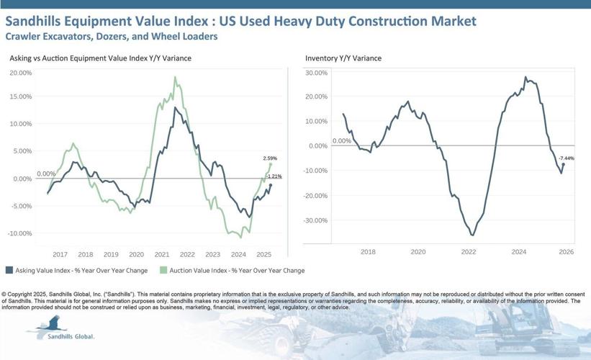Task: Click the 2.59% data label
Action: (270, 158)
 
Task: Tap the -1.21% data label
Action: (274, 176)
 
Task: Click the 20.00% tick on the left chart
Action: (20, 73)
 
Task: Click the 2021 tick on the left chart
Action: (162, 255)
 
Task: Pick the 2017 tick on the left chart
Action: (60, 255)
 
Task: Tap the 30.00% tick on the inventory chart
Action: (317, 73)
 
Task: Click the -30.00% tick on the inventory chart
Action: (316, 220)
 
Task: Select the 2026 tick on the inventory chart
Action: (566, 252)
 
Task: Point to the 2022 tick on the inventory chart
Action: (469, 252)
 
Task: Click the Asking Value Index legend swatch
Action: (9, 271)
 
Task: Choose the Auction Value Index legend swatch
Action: (163, 271)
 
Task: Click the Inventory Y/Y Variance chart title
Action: (343, 58)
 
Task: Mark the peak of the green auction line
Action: (175, 77)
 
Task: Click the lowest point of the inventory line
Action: (472, 235)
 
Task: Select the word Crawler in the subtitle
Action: (21, 36)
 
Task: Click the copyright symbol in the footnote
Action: (4, 294)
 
